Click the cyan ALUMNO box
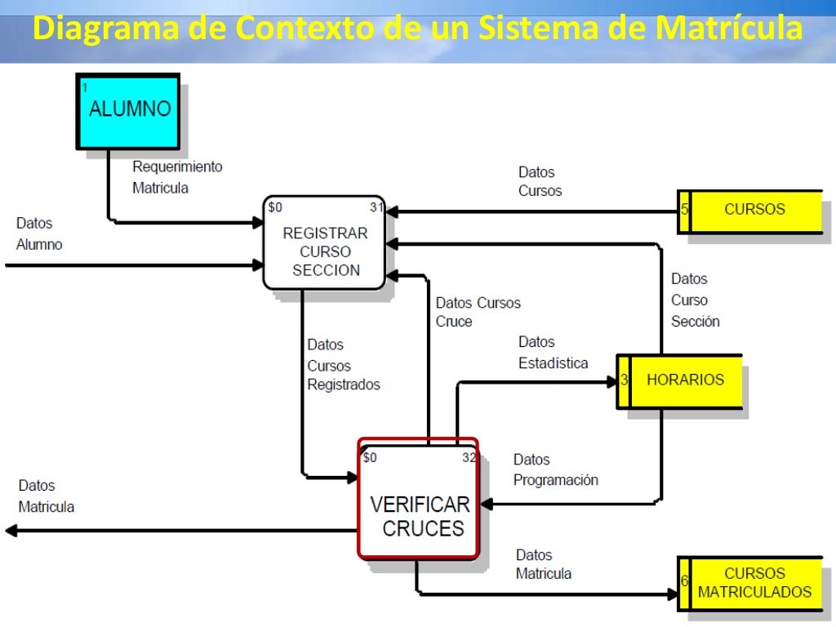(128, 111)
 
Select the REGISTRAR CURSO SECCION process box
(324, 242)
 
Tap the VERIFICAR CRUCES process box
(417, 499)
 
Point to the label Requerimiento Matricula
(177, 177)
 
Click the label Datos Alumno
(39, 233)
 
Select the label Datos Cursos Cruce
(478, 313)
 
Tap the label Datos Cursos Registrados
(343, 365)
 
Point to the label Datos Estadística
(553, 353)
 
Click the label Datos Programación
(555, 470)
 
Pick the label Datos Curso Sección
(695, 300)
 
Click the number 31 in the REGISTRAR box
(376, 207)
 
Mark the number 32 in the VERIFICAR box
(469, 458)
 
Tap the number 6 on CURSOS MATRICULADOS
(684, 581)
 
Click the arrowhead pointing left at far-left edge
(11, 531)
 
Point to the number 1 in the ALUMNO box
(84, 87)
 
